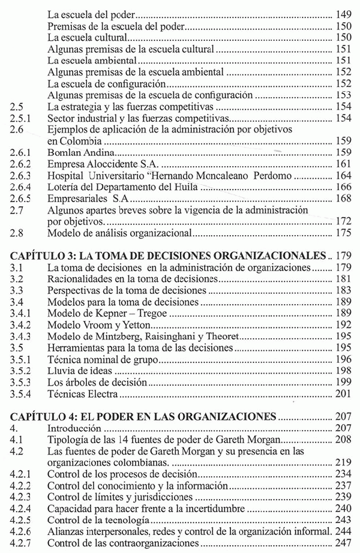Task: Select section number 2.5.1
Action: click(x=21, y=117)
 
